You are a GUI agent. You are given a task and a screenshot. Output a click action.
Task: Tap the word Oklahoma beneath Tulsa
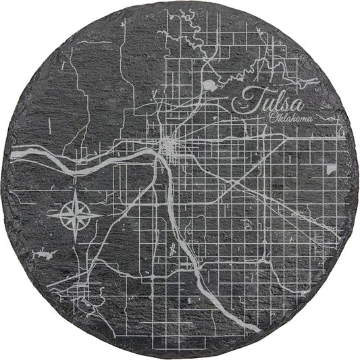tap(292, 120)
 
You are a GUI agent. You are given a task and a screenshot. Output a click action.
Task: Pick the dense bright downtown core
tap(168, 145)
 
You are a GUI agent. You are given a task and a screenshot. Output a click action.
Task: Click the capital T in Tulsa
tap(251, 101)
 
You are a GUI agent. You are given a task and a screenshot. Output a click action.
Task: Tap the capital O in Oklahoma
tap(272, 119)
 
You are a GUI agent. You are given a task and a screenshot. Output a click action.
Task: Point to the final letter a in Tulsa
tap(297, 104)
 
